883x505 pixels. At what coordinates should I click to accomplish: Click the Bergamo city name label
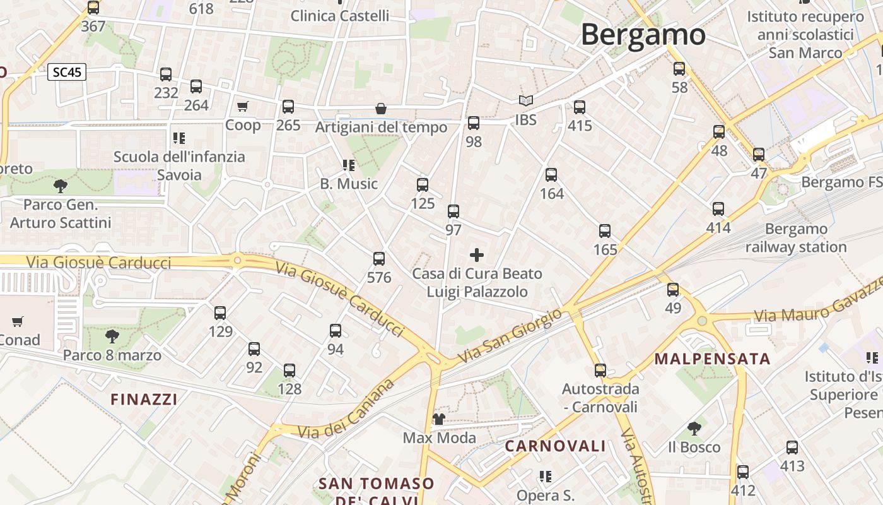pos(643,34)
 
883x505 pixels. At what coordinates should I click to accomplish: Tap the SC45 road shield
pos(67,72)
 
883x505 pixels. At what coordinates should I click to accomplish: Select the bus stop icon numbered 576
pos(379,259)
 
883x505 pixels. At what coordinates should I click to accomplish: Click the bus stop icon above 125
pos(423,185)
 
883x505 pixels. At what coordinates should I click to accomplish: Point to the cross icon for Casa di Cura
pos(477,255)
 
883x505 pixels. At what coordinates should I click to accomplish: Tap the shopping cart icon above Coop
pos(243,107)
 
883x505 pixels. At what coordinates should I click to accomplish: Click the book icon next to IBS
pos(525,101)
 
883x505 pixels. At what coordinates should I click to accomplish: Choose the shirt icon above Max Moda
pos(439,419)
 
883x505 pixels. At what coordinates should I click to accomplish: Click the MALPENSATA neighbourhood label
pos(712,359)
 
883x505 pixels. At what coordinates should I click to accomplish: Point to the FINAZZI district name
pos(144,399)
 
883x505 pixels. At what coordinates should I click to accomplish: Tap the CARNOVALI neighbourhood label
pos(555,446)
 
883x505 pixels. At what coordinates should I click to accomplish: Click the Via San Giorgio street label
pos(510,336)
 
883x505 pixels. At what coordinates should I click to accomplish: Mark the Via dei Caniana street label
pos(346,410)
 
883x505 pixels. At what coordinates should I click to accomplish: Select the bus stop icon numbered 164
pos(551,175)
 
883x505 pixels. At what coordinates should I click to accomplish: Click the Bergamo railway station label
pos(796,238)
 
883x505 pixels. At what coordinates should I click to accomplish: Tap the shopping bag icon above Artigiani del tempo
pos(381,109)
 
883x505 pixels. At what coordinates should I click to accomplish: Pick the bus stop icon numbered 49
pos(673,290)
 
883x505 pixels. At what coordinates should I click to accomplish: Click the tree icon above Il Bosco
pos(694,429)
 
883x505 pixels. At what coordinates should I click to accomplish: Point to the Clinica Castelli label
pos(340,16)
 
